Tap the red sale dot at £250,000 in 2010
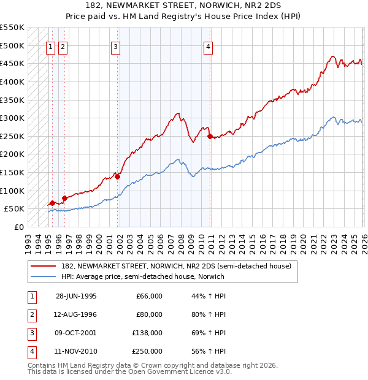210,136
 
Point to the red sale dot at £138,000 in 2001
118,177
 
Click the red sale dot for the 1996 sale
64,198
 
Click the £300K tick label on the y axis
12,118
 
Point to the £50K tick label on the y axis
14,209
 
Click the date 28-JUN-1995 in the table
76,296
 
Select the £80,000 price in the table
149,314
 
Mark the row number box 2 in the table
30,314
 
